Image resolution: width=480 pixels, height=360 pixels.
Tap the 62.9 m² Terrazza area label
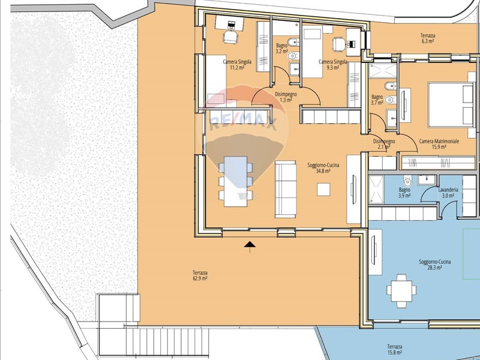tap(200, 275)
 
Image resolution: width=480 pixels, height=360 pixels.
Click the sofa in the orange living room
tap(286, 189)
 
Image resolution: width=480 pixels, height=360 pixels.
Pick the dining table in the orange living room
tap(235, 182)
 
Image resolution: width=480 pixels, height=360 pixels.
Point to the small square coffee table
tap(323, 190)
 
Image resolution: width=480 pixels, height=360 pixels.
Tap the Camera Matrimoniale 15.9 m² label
tap(439, 144)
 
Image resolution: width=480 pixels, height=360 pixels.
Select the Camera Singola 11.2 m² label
tap(237, 65)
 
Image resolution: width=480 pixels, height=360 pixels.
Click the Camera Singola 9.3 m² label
tap(333, 65)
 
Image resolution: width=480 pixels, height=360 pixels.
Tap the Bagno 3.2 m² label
tap(281, 49)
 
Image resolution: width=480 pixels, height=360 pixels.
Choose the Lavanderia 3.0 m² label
tap(448, 193)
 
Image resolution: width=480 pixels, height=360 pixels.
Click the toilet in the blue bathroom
tap(407, 182)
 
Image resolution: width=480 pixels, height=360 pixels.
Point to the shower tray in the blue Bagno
tap(376, 190)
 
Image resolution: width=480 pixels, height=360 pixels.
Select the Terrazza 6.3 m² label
tap(428, 38)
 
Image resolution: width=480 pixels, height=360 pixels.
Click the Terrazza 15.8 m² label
tap(395, 350)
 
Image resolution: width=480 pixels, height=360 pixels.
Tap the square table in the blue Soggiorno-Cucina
tap(401, 291)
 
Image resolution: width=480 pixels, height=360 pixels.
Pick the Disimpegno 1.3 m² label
tap(286, 97)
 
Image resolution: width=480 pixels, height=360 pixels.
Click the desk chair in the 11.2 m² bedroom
tap(230, 37)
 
